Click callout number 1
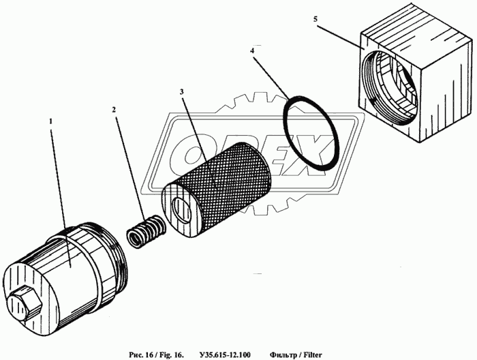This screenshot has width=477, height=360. (51, 121)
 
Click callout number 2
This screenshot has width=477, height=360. (114, 110)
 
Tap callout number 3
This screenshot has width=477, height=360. (182, 92)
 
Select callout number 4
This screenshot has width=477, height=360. (252, 51)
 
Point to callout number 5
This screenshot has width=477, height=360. (316, 19)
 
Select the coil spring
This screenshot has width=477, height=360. (146, 231)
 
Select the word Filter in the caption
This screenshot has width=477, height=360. (312, 355)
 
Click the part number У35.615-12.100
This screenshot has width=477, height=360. (225, 355)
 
